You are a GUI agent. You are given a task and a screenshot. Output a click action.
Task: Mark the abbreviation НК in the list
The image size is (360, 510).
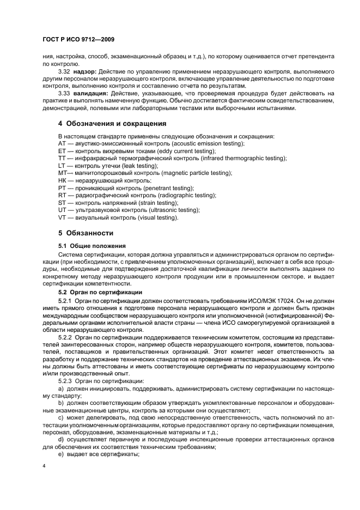(62, 180)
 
